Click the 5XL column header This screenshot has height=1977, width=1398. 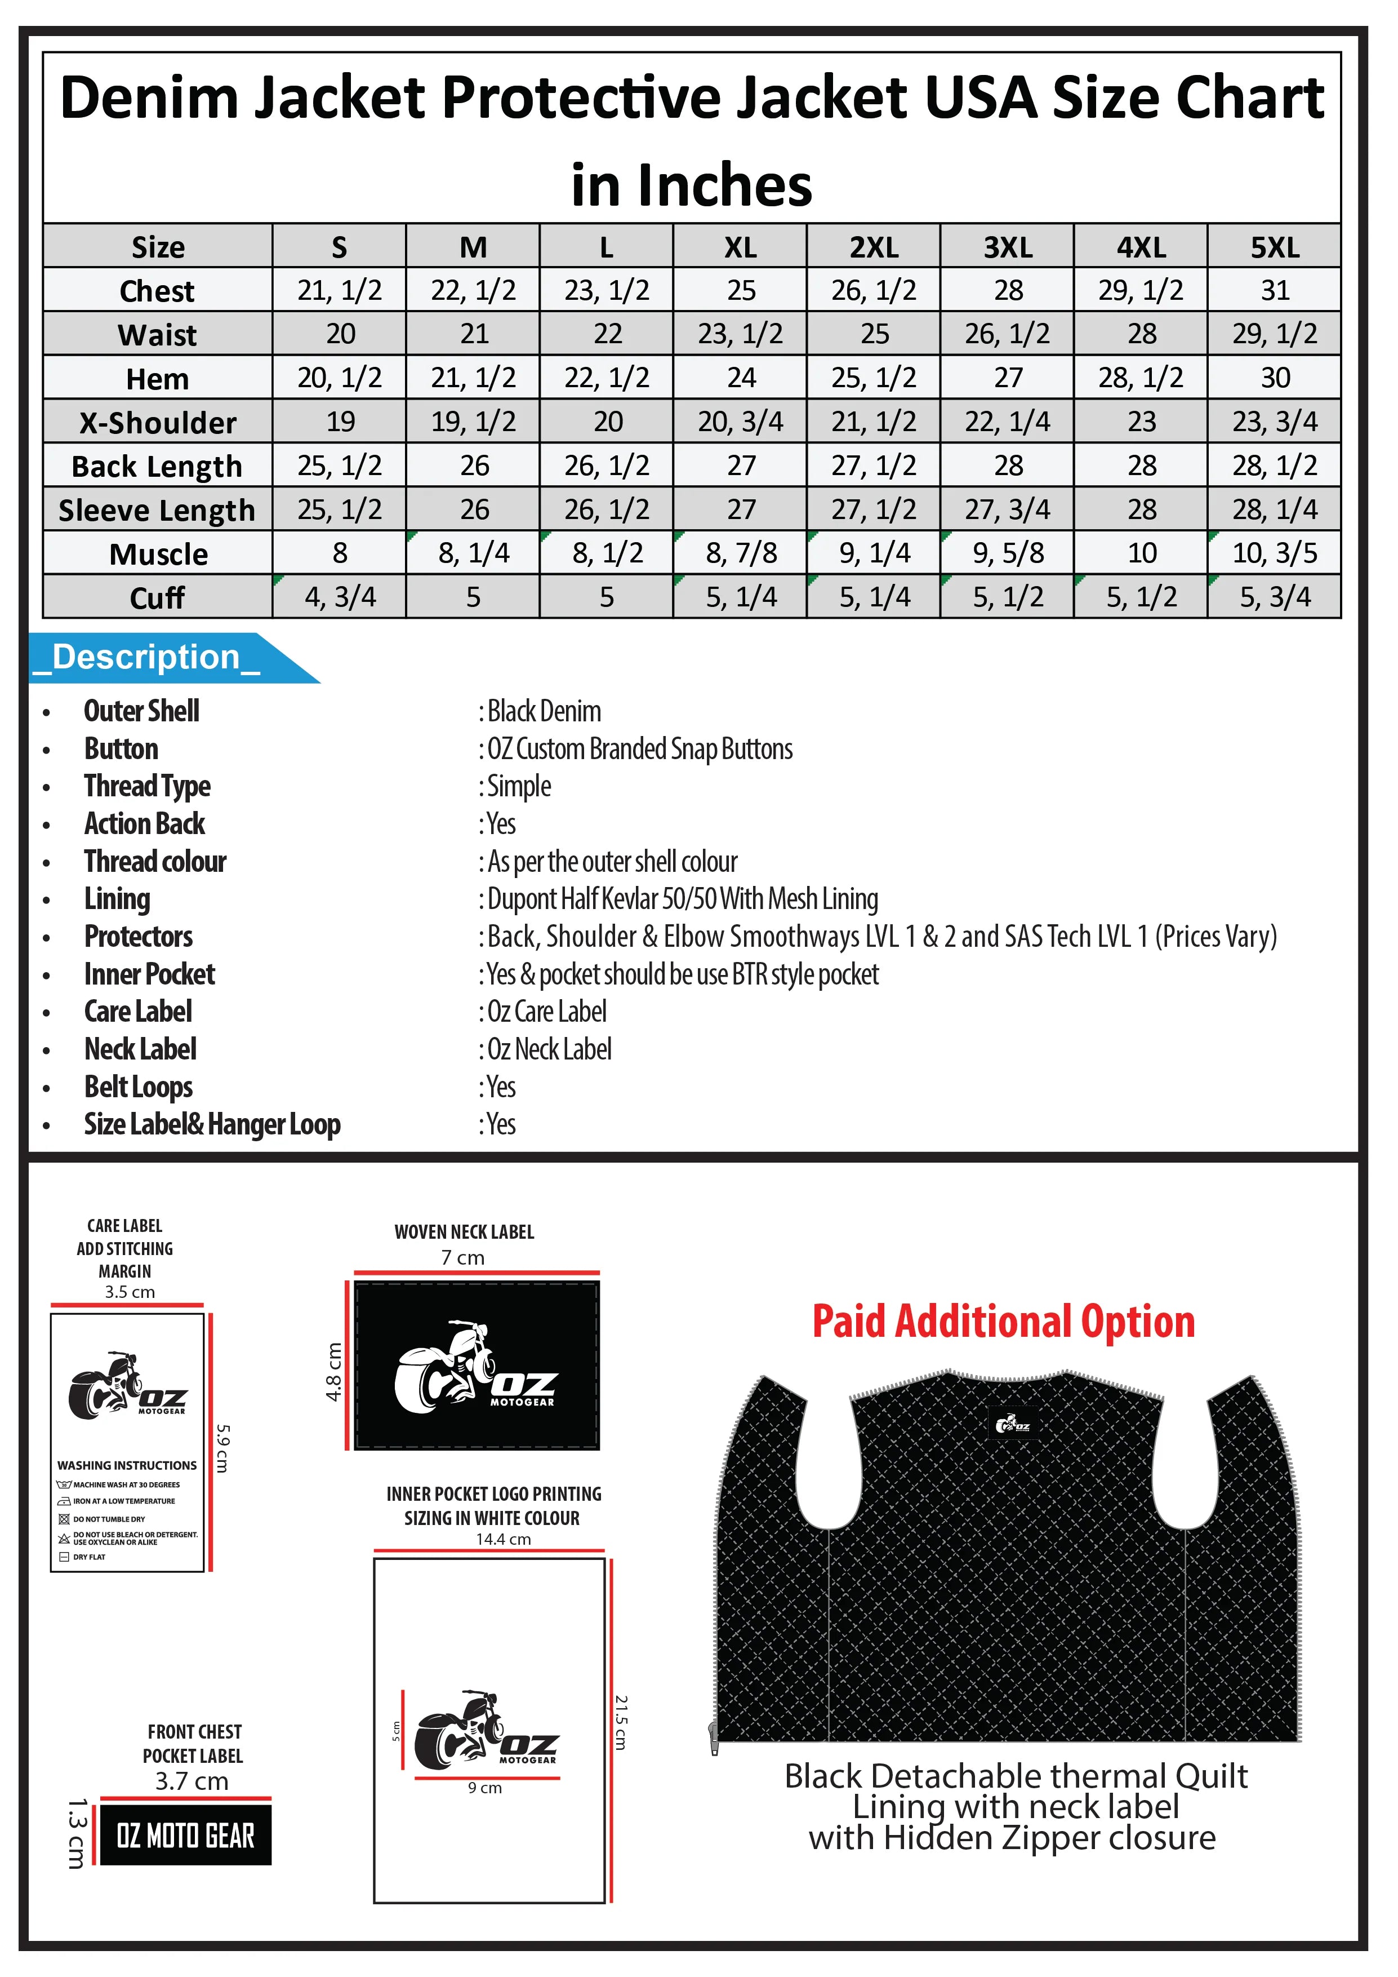1274,247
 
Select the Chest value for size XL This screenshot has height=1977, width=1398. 740,290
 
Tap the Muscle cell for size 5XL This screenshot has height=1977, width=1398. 1274,553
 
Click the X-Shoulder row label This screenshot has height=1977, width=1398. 158,422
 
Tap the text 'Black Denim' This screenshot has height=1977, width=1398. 544,711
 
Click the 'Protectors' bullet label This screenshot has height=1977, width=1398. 139,936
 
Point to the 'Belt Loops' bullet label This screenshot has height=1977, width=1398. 139,1087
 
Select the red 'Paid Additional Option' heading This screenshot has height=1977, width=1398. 1004,1321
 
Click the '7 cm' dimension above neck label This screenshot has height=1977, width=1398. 463,1258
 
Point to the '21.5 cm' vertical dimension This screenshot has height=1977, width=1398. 621,1722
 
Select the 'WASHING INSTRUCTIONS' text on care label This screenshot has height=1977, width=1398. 127,1465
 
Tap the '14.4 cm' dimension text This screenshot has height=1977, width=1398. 504,1539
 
